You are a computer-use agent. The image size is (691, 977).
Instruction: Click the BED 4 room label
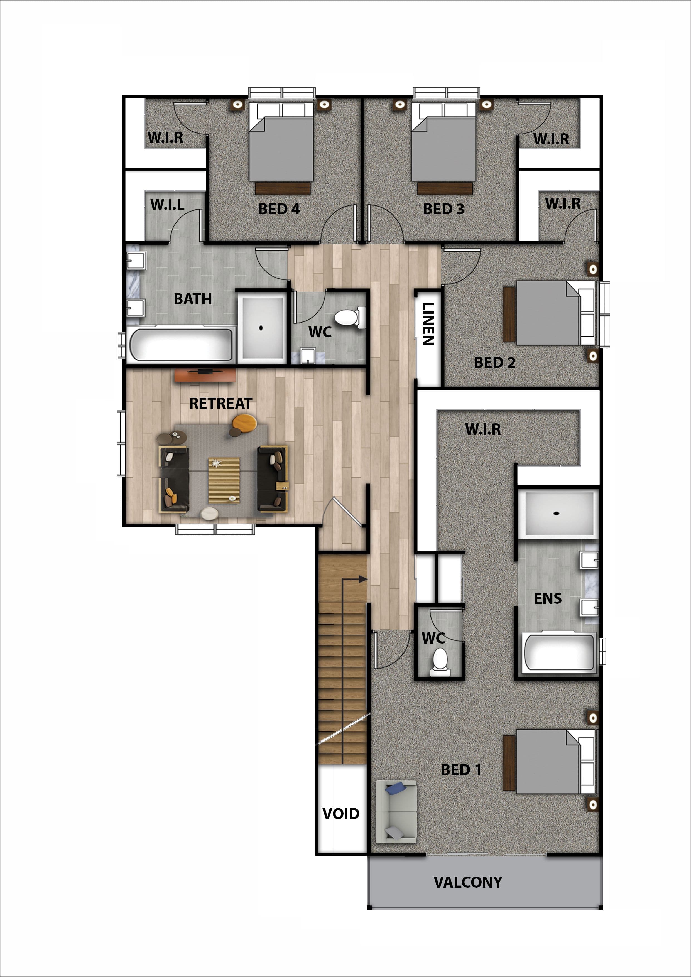point(279,209)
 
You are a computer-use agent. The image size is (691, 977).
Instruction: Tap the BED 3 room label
point(443,209)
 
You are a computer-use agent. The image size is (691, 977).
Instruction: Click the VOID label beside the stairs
point(341,814)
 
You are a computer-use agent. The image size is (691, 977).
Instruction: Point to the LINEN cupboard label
point(428,323)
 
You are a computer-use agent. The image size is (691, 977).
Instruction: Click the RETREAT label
point(221,403)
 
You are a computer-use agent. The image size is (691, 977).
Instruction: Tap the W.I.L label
point(167,205)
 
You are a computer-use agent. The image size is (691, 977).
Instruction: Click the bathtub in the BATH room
point(181,344)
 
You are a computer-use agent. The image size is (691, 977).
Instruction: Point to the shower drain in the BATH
point(261,328)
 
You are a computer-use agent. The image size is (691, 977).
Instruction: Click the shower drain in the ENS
point(556,513)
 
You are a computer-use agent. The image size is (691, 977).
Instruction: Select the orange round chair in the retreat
point(244,423)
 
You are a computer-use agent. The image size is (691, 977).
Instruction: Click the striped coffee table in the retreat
point(224,480)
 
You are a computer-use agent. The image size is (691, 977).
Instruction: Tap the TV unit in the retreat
point(205,375)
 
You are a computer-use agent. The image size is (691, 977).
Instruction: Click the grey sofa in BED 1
point(396,812)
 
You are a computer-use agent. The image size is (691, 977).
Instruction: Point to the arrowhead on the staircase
point(363,579)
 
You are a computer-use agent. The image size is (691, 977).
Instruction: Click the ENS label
point(548,598)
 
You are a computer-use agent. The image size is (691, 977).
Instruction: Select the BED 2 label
point(494,362)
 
